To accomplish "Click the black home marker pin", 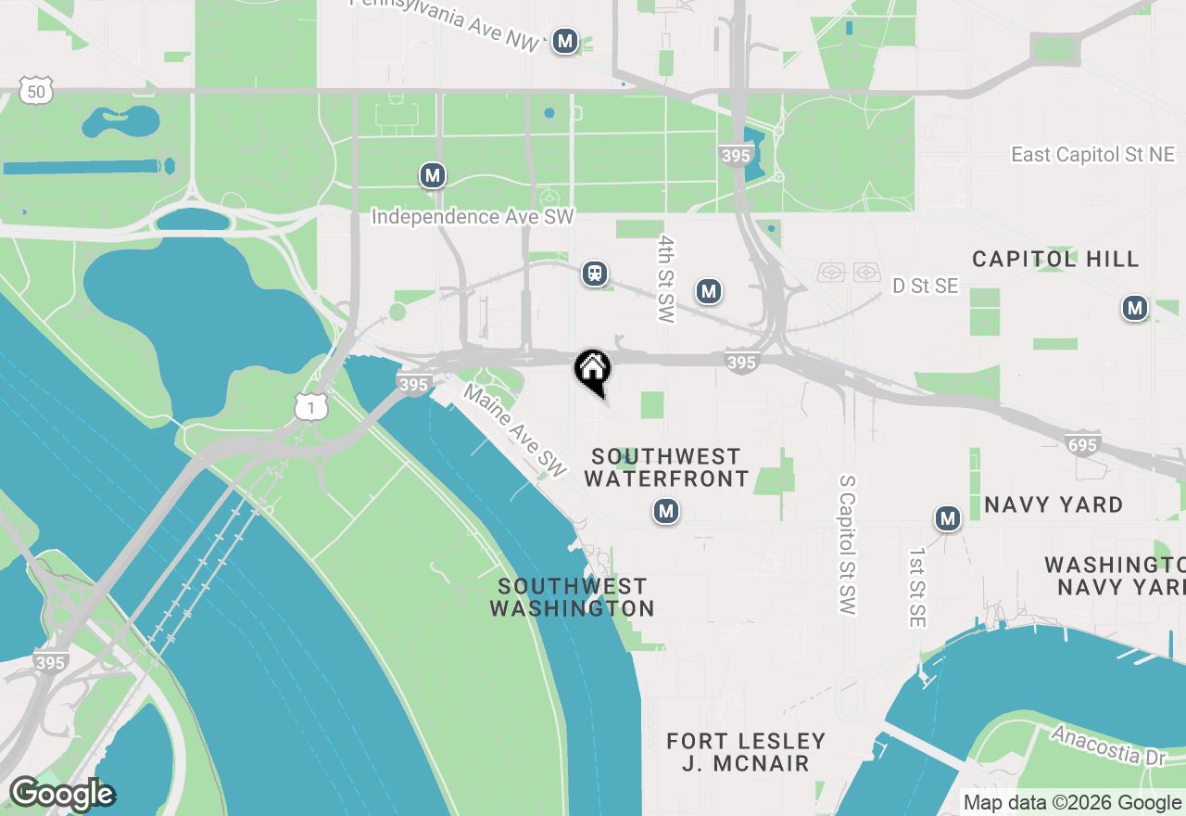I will [x=593, y=370].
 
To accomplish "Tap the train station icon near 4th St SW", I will [x=595, y=274].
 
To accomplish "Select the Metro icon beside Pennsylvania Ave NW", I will [x=565, y=41].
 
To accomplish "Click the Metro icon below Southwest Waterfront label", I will [x=665, y=511].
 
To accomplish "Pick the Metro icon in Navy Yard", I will [x=947, y=518].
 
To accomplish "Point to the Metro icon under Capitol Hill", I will [x=1134, y=308].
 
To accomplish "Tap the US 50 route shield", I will [x=35, y=91].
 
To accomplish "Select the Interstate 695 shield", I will [x=1081, y=445].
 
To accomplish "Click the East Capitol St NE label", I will [x=1092, y=155].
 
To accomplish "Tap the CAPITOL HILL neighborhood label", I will [x=1055, y=259].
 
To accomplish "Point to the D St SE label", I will [x=925, y=287].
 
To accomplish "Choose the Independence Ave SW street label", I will [x=473, y=217].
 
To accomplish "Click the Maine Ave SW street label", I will [x=515, y=431].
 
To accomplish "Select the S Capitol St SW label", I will [x=847, y=545].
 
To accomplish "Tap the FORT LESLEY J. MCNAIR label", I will [x=746, y=752].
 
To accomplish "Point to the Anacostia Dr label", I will [x=1108, y=745].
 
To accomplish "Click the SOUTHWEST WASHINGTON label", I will [x=572, y=597].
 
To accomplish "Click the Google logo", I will [x=61, y=794].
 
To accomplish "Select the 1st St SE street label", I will [x=916, y=588].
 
